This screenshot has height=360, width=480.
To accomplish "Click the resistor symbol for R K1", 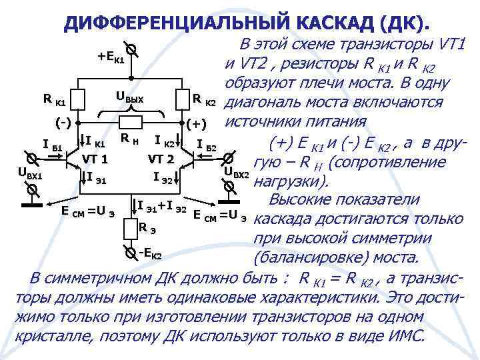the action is tap(79, 100).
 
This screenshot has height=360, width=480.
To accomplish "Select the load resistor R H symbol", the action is tap(131, 124).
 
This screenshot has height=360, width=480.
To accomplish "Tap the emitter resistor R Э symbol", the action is tap(131, 229).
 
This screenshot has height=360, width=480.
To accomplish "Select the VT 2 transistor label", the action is tap(161, 159).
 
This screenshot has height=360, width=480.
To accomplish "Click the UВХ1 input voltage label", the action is tap(29, 175).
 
